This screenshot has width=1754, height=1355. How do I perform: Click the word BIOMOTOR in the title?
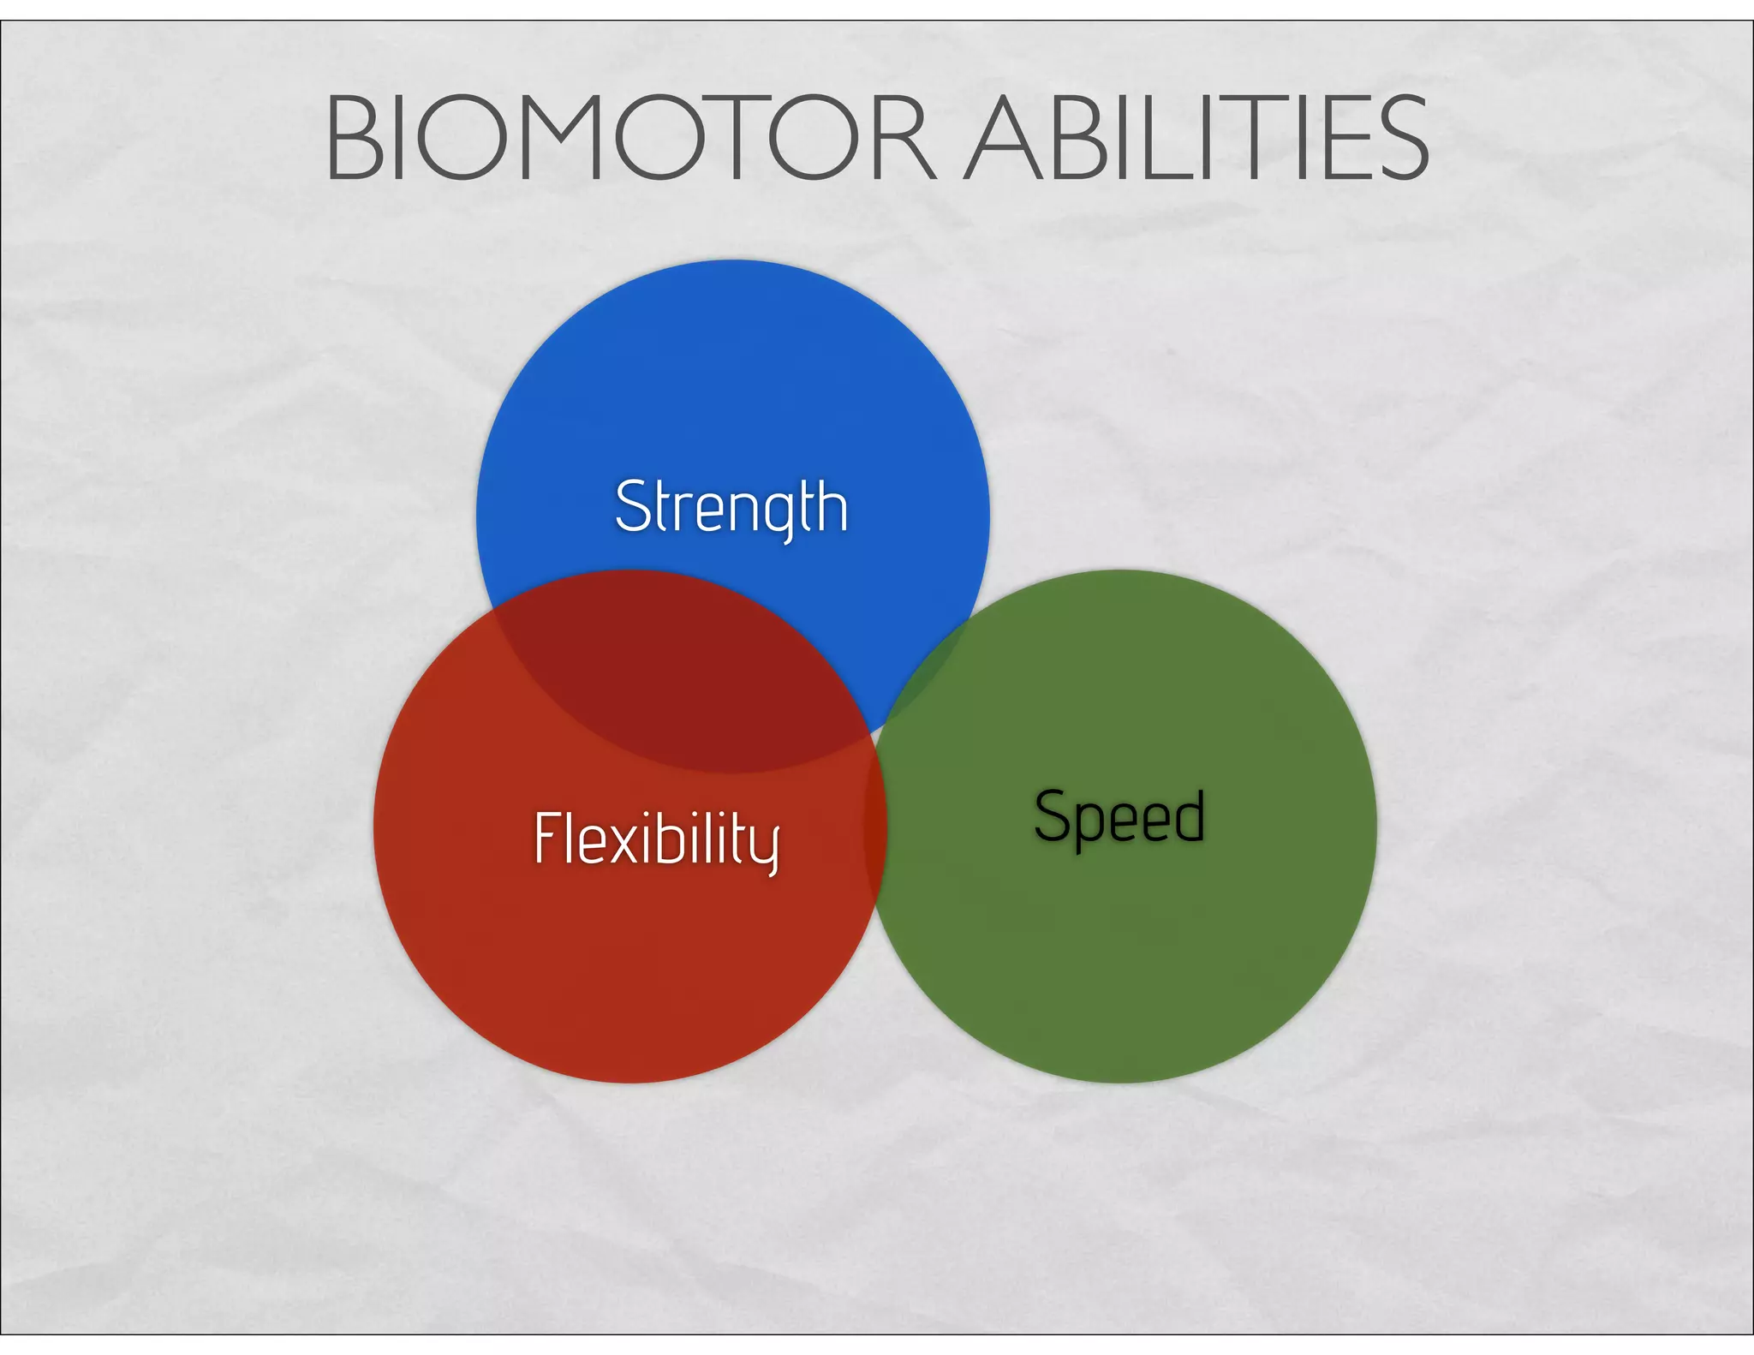(630, 139)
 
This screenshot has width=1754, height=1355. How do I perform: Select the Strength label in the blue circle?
(731, 507)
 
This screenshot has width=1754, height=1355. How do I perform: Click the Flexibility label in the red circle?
(656, 839)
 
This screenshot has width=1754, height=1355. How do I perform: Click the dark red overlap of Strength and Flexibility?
(685, 677)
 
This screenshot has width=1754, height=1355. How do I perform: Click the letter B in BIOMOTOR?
(354, 139)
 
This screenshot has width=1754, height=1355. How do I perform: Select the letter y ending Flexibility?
(767, 847)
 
